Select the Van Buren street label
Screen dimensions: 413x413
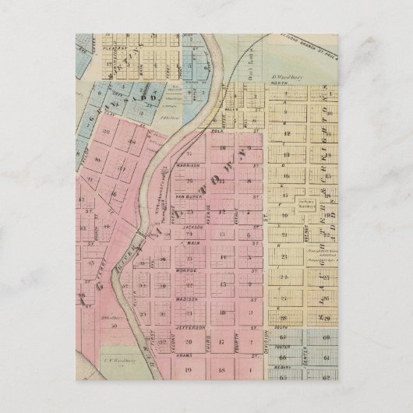[189, 196]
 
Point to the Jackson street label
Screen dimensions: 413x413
[192, 227]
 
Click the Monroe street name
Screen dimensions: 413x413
[192, 270]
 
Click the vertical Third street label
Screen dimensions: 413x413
[209, 342]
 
